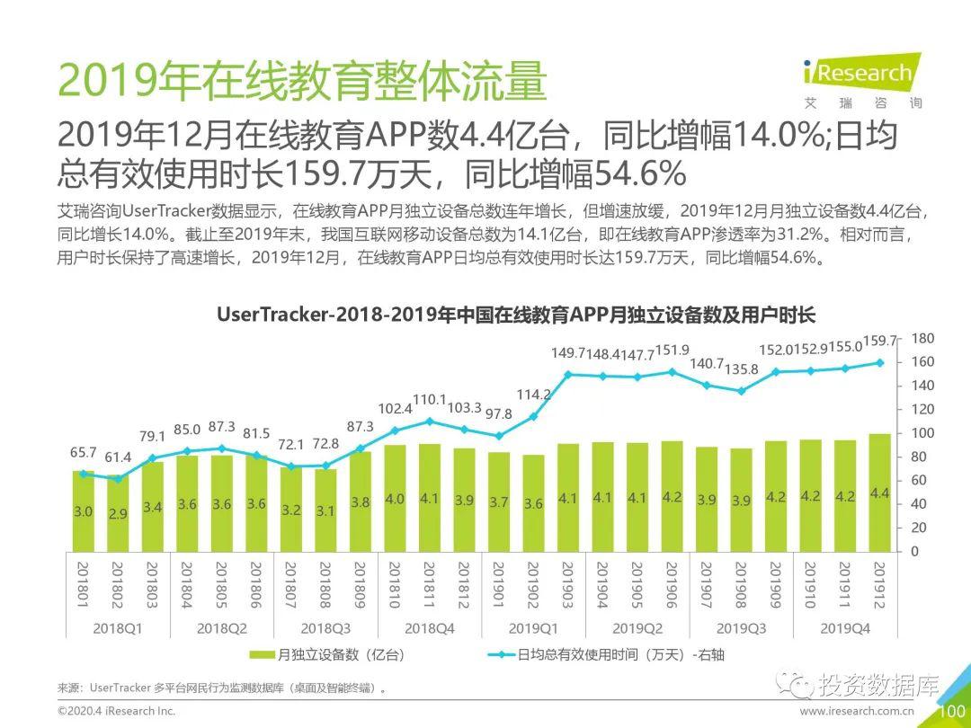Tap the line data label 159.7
coord(880,342)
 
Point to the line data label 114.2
coord(534,394)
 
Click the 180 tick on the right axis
coord(922,338)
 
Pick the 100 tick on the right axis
coord(922,433)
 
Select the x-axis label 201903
coord(568,585)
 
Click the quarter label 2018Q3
coord(325,628)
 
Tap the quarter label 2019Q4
coord(844,628)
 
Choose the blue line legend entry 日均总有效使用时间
coord(605,655)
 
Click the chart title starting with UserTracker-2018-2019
coord(515,315)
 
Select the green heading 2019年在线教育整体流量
coord(302,84)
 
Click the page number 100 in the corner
coord(951,712)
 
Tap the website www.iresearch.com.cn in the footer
coord(857,711)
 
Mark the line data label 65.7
coord(85,453)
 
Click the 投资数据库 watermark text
coord(877,688)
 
